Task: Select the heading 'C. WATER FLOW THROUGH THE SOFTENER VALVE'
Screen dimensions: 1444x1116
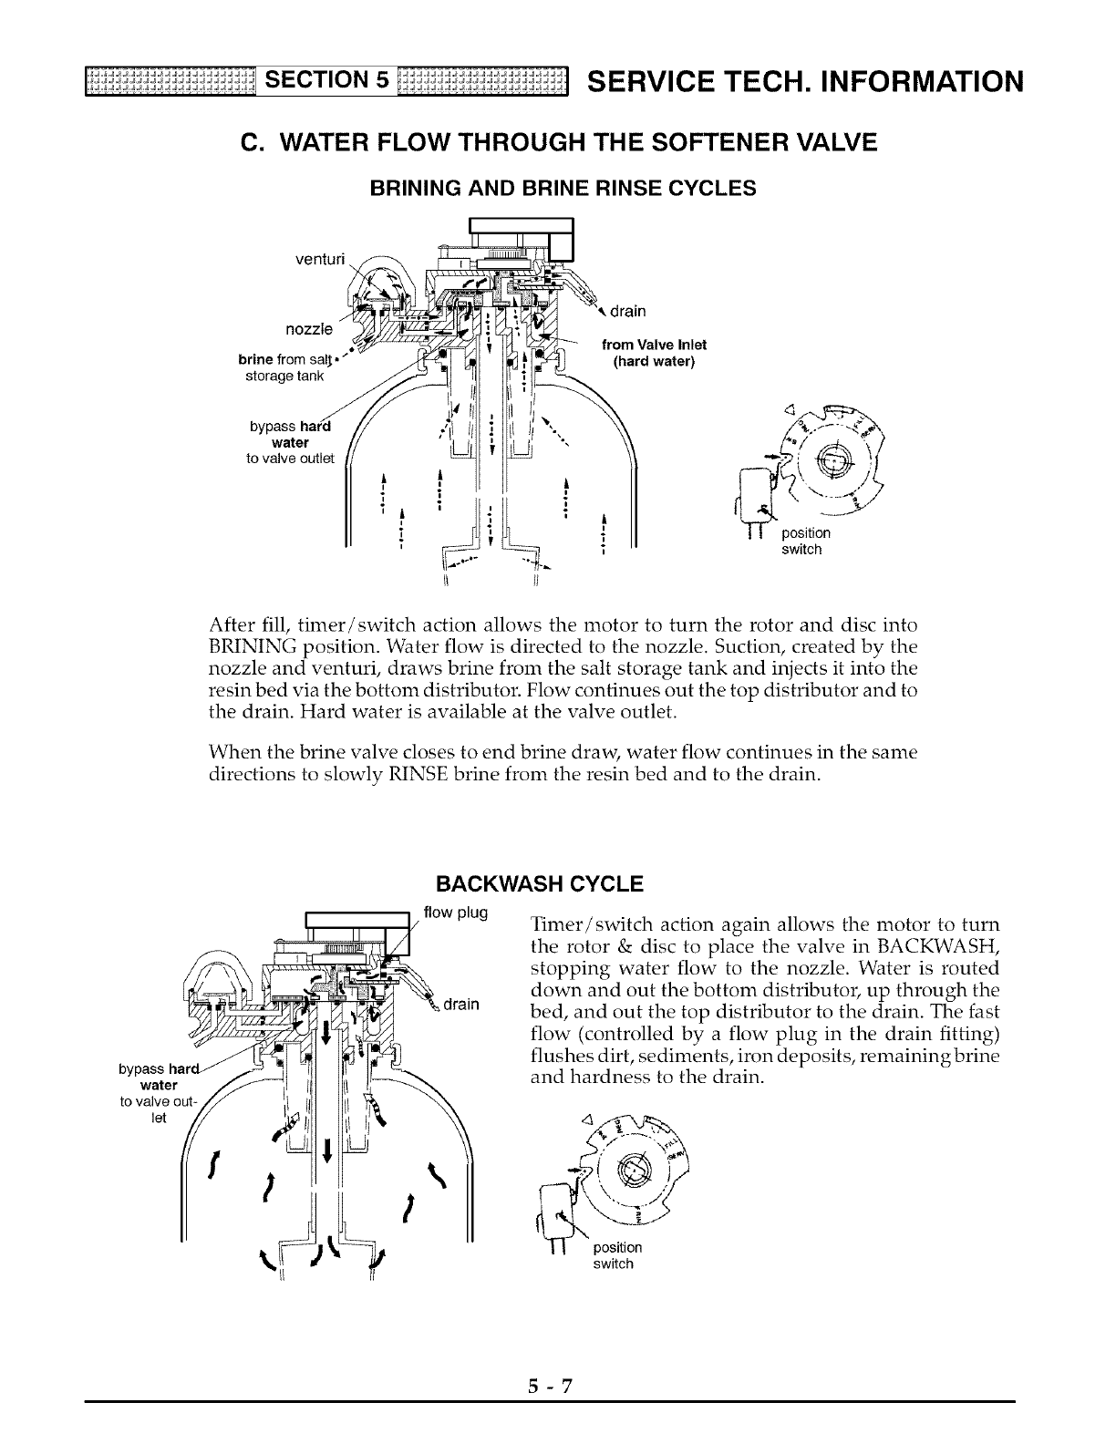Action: click(x=558, y=143)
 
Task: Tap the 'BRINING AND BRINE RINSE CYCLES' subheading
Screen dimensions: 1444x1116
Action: click(x=562, y=189)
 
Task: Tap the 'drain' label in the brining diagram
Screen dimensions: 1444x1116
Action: click(x=627, y=312)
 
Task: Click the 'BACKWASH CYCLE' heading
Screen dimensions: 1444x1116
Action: click(x=540, y=884)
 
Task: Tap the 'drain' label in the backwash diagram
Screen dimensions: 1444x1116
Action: click(x=462, y=1005)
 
